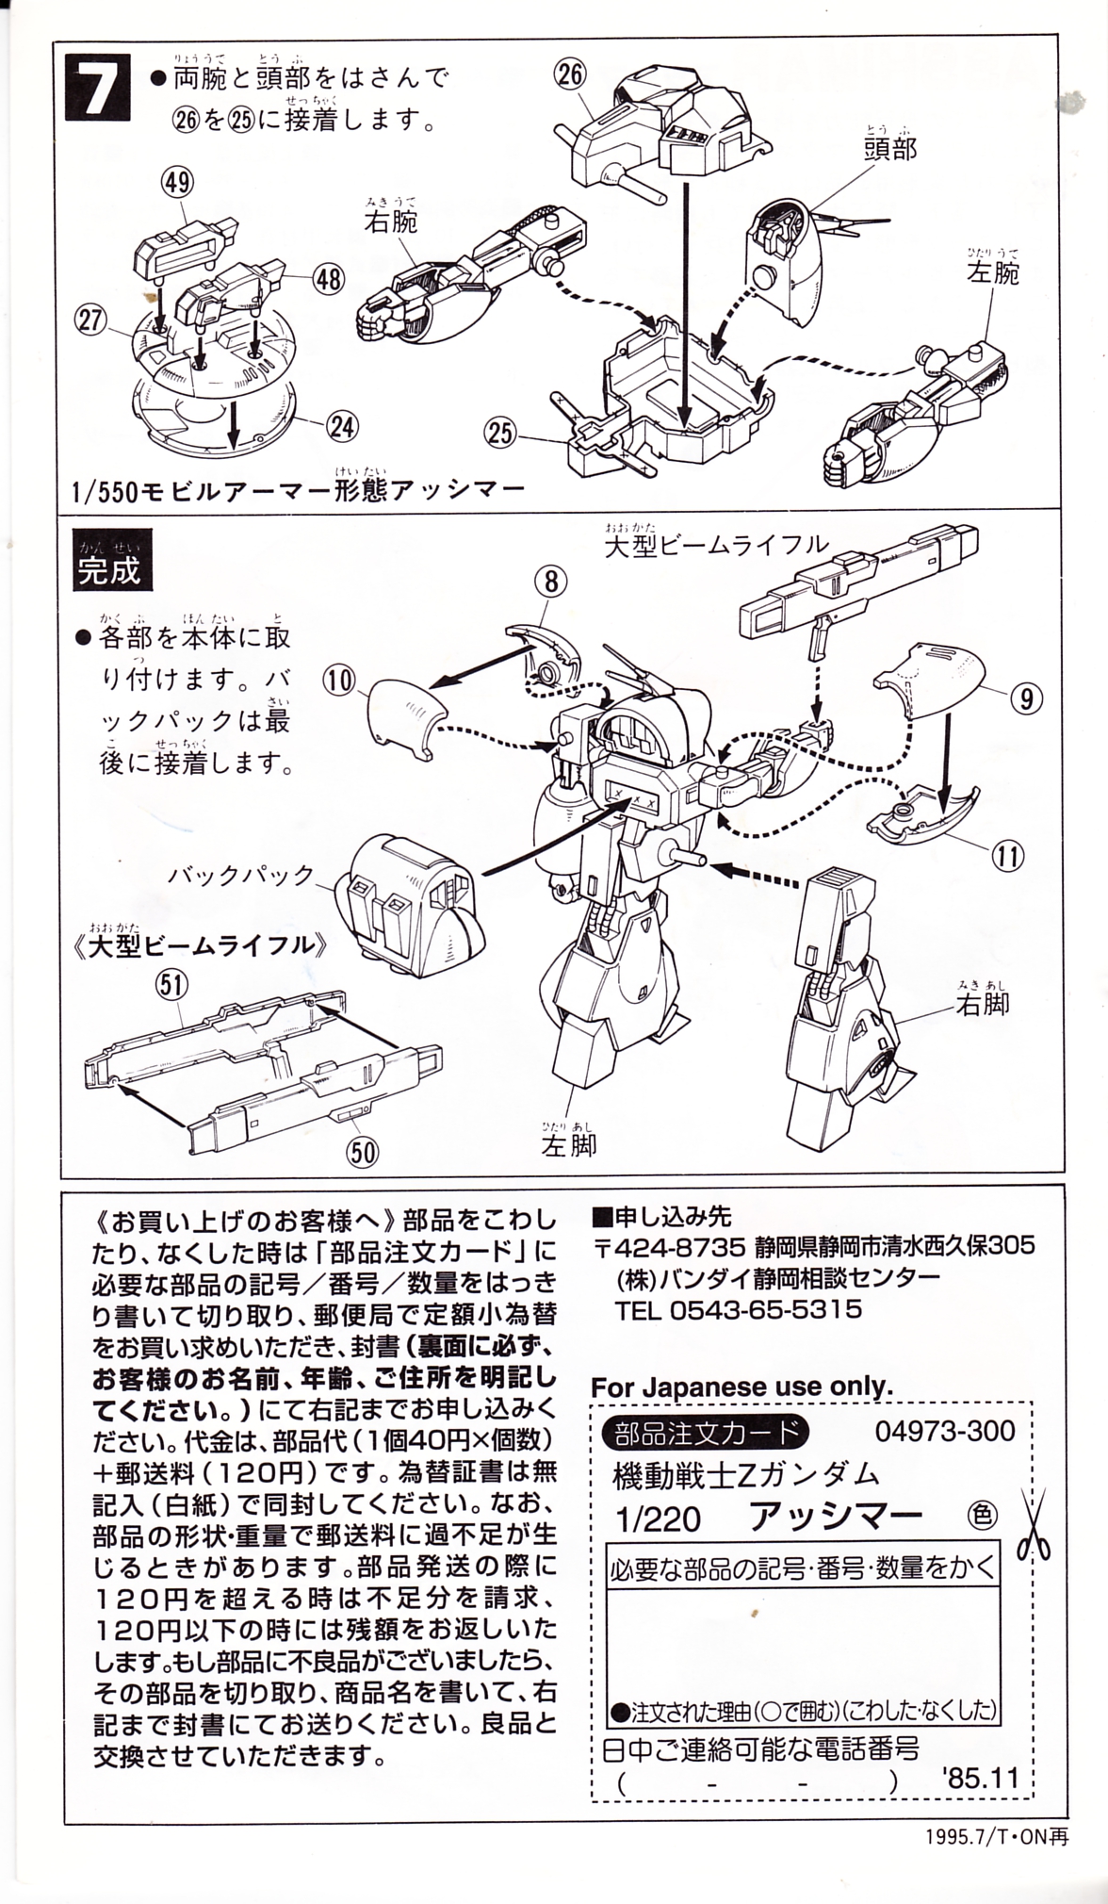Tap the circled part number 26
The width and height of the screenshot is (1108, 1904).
tap(571, 73)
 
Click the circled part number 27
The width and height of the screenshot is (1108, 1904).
tap(90, 320)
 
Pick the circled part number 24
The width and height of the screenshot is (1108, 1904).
tap(342, 427)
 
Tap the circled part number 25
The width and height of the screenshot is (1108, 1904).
tap(501, 433)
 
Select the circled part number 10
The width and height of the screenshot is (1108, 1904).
tap(340, 680)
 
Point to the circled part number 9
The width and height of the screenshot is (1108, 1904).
tap(1026, 698)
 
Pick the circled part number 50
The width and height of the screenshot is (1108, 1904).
tap(363, 1152)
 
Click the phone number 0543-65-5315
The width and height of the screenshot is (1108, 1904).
tap(765, 1309)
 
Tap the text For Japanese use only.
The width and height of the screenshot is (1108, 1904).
tap(741, 1387)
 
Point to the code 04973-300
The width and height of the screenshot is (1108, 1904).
tap(945, 1431)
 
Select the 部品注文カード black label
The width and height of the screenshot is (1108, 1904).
tap(705, 1434)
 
